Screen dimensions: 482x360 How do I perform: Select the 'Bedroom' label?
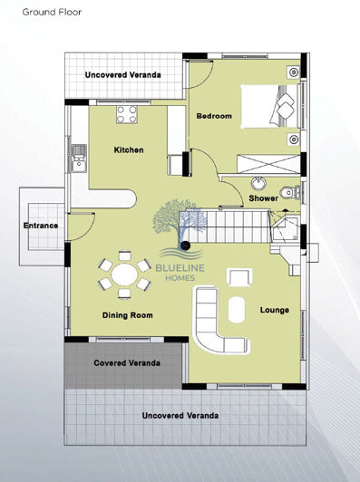click(x=214, y=116)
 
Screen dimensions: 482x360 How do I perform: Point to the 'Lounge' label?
click(x=274, y=310)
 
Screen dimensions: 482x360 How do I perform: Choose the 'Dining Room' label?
click(x=126, y=315)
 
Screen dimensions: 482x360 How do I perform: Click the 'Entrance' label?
click(x=41, y=226)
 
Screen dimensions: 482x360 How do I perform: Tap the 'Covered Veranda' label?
click(x=128, y=362)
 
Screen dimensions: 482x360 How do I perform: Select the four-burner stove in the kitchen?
click(x=128, y=114)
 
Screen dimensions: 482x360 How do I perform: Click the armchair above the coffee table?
click(x=240, y=276)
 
